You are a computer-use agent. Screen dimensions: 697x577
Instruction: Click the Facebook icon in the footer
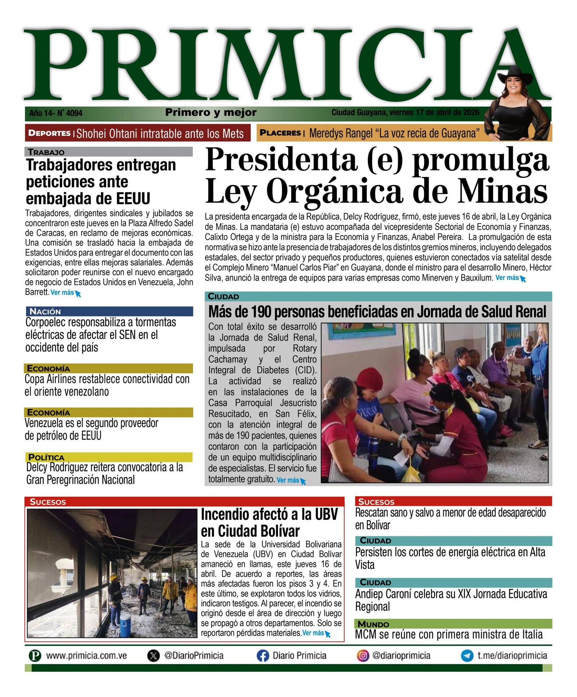point(263,655)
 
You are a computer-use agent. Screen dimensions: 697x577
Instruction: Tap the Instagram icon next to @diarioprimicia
point(363,655)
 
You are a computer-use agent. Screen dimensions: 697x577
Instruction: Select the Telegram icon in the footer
point(467,655)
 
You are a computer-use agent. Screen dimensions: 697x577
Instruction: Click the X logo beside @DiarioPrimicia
point(154,655)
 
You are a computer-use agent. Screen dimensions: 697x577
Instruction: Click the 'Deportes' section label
point(49,133)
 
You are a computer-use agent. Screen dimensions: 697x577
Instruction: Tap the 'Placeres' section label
point(280,133)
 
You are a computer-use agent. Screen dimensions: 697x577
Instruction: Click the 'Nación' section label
point(45,312)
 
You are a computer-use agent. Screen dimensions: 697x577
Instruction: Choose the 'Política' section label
point(46,457)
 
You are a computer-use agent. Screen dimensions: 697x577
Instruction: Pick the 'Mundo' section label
point(373,624)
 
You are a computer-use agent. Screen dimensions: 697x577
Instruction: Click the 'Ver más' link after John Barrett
point(65,293)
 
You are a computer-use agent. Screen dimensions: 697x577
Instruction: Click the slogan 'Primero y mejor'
point(211,112)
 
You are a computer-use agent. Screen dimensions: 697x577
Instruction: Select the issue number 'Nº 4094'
point(70,113)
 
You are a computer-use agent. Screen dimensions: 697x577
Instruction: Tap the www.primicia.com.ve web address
point(86,655)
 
